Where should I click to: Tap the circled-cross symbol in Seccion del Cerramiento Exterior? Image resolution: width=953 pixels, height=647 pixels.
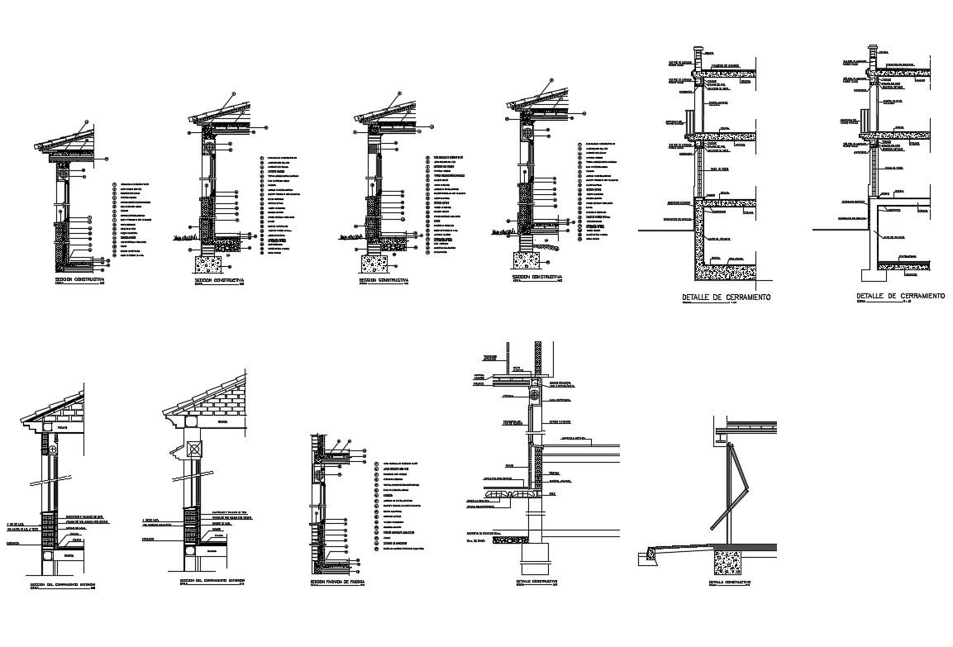coord(53,450)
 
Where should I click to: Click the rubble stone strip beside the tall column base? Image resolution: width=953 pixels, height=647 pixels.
coord(506,493)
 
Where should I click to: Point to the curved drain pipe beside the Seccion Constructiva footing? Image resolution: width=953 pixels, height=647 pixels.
coord(546,245)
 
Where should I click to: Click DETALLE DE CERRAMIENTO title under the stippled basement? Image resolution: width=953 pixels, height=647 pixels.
coord(726,296)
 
